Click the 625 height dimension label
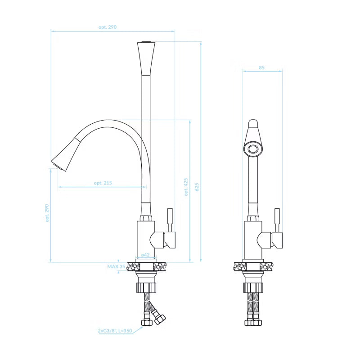point(197,187)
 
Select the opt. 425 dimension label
point(186,187)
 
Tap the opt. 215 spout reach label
point(103,183)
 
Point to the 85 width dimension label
point(262,67)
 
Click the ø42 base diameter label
point(145,255)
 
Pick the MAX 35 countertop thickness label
point(116,266)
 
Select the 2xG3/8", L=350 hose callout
point(115,331)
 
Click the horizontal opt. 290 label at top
point(108,27)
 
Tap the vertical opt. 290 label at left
point(47,213)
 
